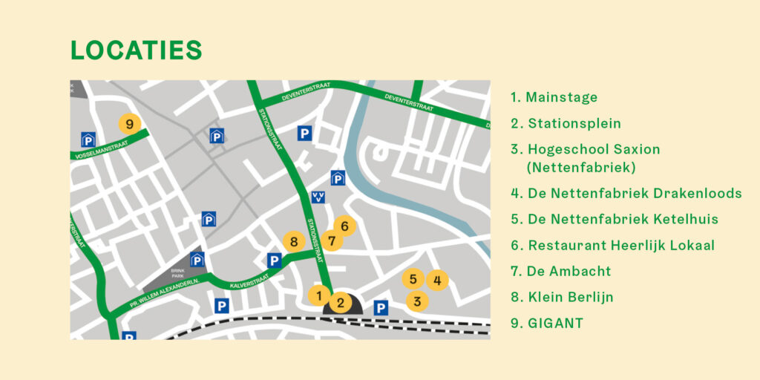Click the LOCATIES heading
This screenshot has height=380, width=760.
(136, 50)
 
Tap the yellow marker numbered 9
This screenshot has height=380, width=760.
(129, 124)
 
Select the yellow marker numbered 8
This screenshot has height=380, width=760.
(293, 242)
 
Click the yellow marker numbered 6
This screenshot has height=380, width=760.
(344, 225)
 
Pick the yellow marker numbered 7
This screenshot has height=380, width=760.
(332, 240)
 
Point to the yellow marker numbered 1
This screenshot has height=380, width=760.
(319, 295)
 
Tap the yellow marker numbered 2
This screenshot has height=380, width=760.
(340, 302)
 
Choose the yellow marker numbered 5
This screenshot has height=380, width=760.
(413, 279)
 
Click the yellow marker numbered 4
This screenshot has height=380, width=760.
(437, 280)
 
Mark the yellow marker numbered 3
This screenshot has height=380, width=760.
(417, 301)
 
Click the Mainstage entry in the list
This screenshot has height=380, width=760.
(554, 97)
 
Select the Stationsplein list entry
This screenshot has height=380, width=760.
(566, 123)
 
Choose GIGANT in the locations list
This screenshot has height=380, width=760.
(547, 323)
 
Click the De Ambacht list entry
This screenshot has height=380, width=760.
(560, 271)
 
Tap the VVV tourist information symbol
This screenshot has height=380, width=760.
(318, 197)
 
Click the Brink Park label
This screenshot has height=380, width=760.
(177, 272)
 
